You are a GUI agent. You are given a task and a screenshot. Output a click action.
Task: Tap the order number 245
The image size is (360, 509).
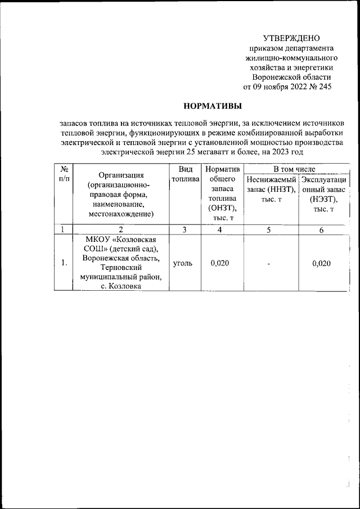point(325,87)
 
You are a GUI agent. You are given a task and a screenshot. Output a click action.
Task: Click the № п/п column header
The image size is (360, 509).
point(64,173)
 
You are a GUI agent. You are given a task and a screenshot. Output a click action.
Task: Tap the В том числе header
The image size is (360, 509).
point(294,168)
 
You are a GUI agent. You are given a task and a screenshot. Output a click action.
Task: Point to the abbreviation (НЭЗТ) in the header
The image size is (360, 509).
point(323,199)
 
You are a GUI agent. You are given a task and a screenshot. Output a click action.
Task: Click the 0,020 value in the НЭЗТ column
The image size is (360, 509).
point(323,263)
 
